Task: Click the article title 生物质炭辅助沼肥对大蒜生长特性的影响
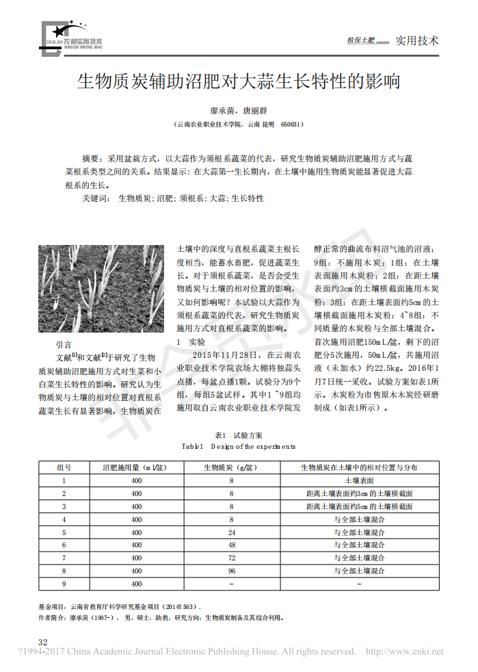[x=238, y=83]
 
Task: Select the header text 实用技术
[x=417, y=40]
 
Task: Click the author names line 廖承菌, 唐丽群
[x=239, y=109]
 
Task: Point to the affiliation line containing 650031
[x=239, y=125]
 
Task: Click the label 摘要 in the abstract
[x=91, y=157]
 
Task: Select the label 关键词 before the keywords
[x=95, y=198]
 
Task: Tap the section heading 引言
[x=63, y=345]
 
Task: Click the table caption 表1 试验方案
[x=239, y=435]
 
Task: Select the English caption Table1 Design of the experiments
[x=239, y=446]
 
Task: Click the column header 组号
[x=64, y=468]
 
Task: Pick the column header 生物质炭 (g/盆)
[x=231, y=468]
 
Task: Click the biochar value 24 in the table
[x=231, y=532]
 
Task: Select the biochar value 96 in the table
[x=231, y=571]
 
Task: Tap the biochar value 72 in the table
[x=231, y=558]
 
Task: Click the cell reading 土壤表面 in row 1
[x=359, y=481]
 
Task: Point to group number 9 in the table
[x=64, y=584]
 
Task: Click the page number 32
[x=42, y=642]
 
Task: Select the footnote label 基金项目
[x=52, y=606]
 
